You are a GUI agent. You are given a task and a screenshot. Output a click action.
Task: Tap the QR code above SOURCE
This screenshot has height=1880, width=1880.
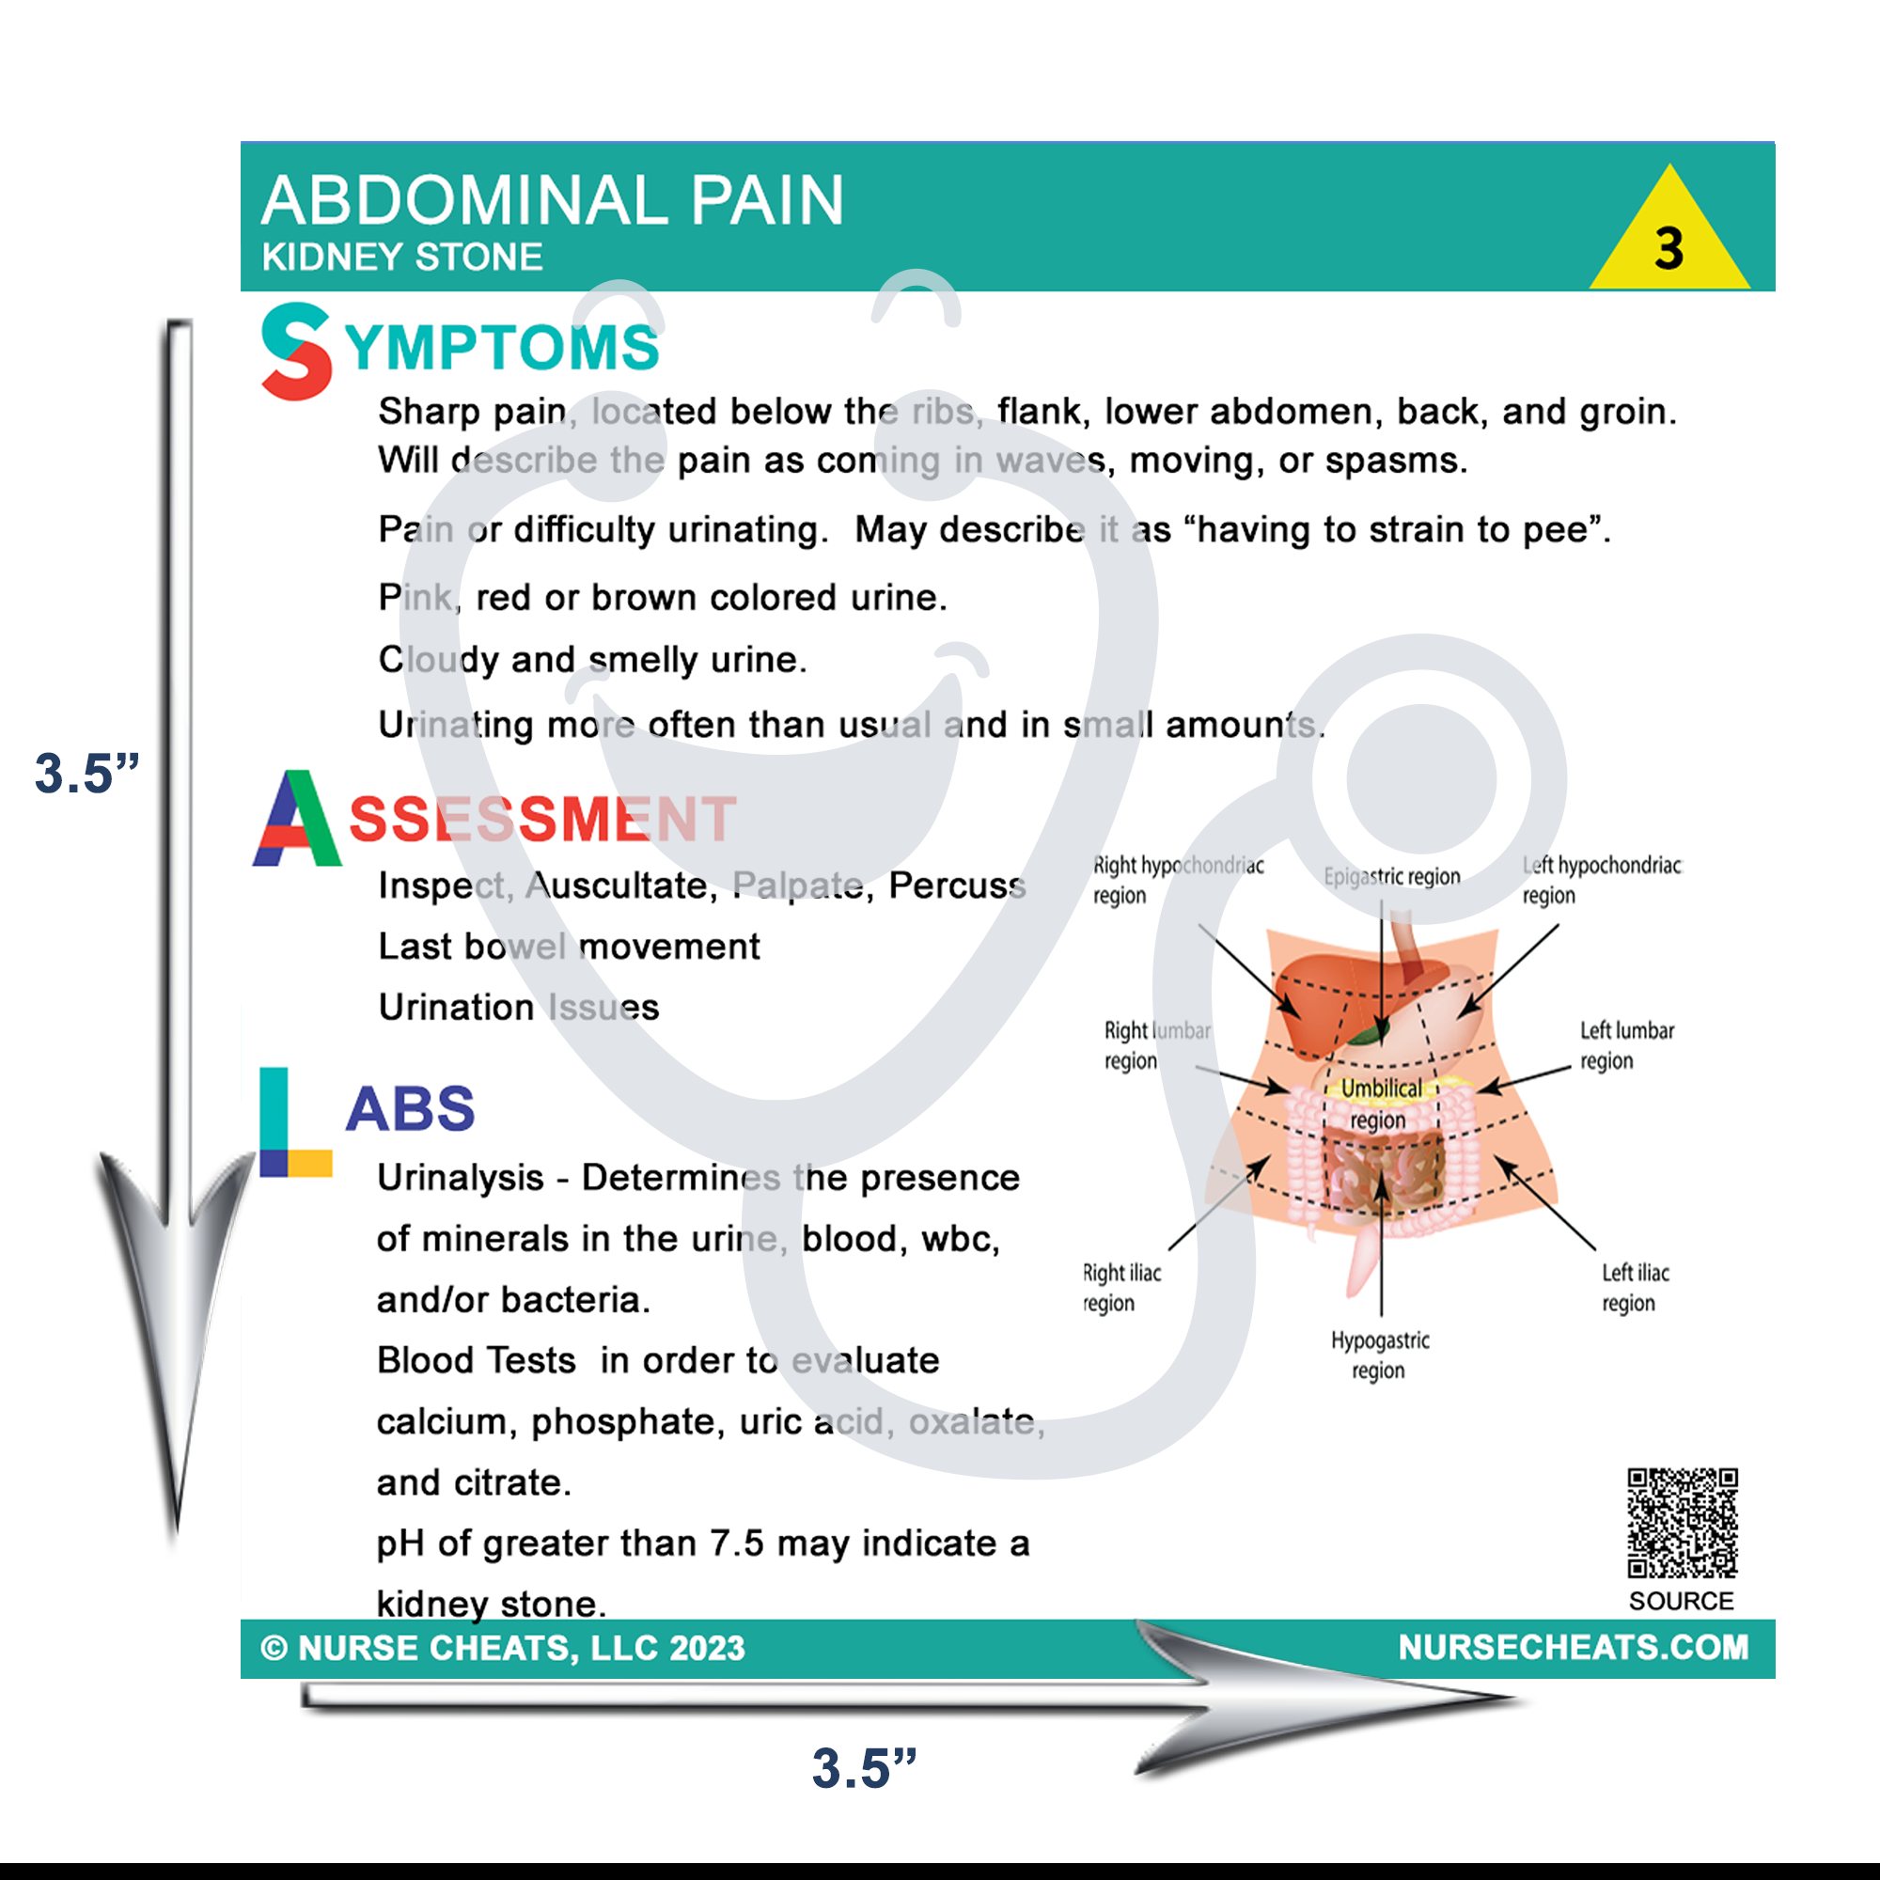pos(1683,1522)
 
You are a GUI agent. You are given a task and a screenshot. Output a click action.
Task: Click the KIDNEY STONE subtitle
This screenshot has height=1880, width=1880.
pos(402,258)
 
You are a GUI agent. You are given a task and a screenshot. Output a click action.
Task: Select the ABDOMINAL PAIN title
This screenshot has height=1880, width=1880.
pos(552,201)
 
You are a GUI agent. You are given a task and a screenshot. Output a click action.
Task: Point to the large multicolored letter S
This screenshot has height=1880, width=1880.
pos(296,352)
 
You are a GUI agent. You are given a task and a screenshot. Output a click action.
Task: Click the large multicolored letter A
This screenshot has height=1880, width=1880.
pos(297,819)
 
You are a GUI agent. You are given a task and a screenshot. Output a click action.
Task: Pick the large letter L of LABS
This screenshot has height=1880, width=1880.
pos(294,1123)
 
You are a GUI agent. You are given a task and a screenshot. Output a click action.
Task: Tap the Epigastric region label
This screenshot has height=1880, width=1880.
pos(1391,877)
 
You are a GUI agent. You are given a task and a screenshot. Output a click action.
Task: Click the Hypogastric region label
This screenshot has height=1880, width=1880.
pos(1380,1355)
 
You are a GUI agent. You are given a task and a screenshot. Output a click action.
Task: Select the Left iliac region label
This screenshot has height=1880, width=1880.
pos(1635,1288)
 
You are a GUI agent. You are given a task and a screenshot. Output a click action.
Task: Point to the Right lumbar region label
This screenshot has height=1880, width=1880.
pos(1156,1045)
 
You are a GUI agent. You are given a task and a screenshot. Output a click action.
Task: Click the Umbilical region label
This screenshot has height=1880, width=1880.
pos(1380,1104)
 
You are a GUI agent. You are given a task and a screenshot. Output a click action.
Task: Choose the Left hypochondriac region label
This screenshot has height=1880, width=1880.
pos(1601,880)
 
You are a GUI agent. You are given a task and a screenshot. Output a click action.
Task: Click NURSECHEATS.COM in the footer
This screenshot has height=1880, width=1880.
pos(1573,1648)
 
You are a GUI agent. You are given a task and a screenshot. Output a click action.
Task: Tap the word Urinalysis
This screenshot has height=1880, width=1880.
pos(461,1179)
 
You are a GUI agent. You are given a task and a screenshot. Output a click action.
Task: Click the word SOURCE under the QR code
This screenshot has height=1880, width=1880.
pos(1682,1601)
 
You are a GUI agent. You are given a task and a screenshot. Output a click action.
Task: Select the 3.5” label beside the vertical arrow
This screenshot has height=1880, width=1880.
pos(86,774)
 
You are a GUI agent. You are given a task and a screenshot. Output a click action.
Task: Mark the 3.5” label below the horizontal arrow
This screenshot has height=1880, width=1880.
pos(864,1768)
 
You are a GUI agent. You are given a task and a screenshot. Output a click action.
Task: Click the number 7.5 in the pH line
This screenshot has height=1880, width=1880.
pos(737,1544)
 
